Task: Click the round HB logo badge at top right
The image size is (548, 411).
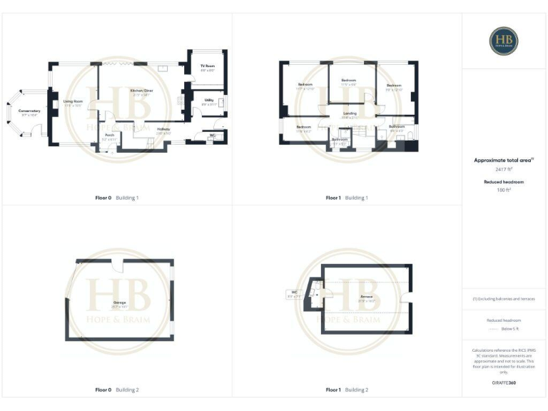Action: coord(504,41)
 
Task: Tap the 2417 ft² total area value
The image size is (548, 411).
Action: coord(504,170)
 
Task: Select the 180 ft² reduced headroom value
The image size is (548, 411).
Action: coord(504,190)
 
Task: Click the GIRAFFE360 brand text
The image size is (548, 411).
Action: coord(504,383)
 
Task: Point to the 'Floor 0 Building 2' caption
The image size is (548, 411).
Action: coord(117,390)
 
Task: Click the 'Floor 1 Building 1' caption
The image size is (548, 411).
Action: coord(347,197)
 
